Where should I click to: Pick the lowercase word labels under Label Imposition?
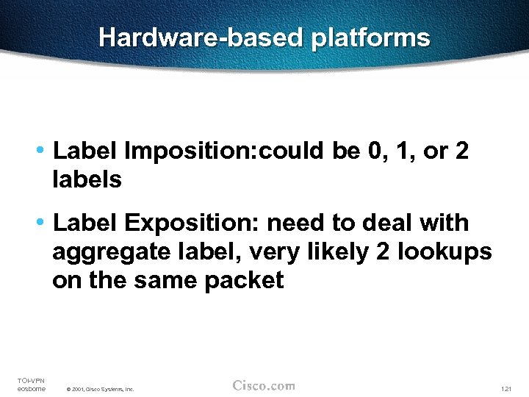tap(87, 179)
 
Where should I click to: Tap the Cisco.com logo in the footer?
tap(264, 385)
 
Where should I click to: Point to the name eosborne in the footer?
tap(31, 388)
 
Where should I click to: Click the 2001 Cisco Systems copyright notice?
tap(100, 388)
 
